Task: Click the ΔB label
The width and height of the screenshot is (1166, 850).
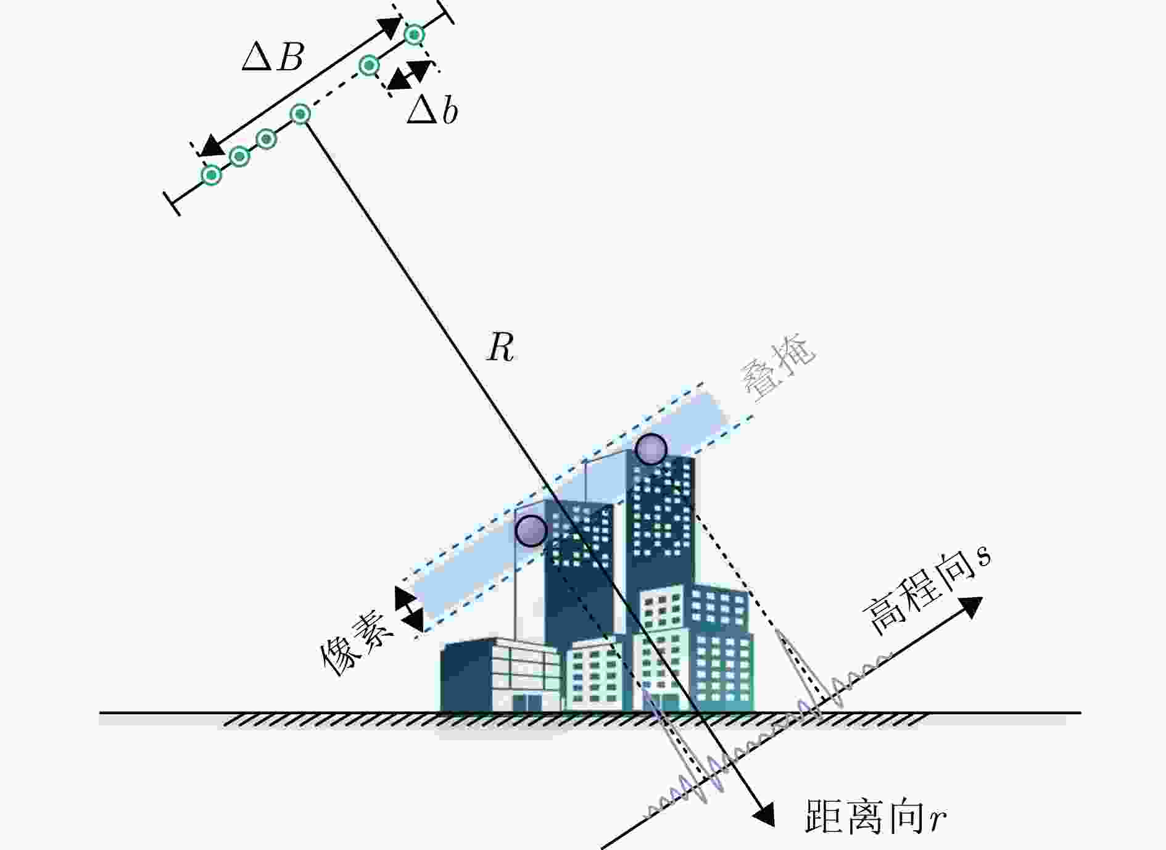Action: (x=273, y=57)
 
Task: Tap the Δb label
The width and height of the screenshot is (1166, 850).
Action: (x=432, y=111)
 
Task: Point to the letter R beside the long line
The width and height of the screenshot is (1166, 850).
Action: (x=500, y=348)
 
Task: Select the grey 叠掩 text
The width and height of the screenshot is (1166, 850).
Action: (x=777, y=368)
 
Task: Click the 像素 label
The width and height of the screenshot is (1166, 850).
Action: (x=356, y=643)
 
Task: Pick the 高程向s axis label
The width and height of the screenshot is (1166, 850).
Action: (x=925, y=591)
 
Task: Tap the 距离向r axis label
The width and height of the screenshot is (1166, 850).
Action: (x=875, y=816)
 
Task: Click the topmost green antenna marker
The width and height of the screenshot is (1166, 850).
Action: (x=414, y=35)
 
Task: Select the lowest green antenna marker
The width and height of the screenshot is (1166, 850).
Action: (x=212, y=175)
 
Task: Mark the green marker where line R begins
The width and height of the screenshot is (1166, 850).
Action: (x=300, y=114)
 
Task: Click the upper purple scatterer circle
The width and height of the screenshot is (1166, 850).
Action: (x=651, y=449)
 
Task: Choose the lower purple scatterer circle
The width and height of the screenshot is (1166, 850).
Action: (x=531, y=530)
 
